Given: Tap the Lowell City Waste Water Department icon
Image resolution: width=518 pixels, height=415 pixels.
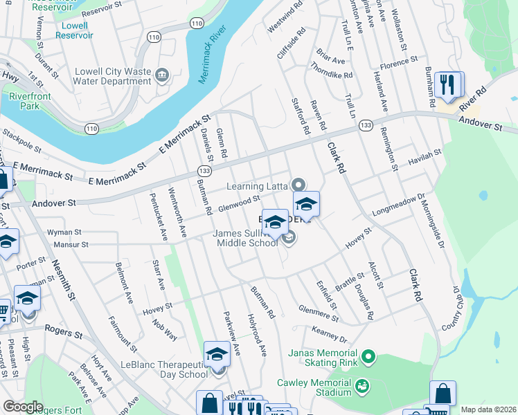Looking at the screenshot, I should coord(163,75).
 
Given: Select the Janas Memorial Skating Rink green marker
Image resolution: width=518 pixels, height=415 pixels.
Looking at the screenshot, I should coord(369,358).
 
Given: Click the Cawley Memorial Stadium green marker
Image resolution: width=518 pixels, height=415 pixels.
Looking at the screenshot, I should coord(361,385).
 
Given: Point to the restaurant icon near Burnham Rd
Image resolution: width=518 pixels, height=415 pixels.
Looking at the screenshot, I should coord(447,86).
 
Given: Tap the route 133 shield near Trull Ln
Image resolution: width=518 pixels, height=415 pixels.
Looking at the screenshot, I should coord(366,126).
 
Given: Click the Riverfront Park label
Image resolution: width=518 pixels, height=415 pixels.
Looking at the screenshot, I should coord(20,101).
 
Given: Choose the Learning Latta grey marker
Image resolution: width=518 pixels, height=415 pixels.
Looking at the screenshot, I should coord(298,185).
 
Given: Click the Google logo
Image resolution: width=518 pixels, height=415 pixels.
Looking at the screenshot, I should coord(22,407).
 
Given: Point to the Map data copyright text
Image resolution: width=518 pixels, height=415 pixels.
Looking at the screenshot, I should coord(488,409).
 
